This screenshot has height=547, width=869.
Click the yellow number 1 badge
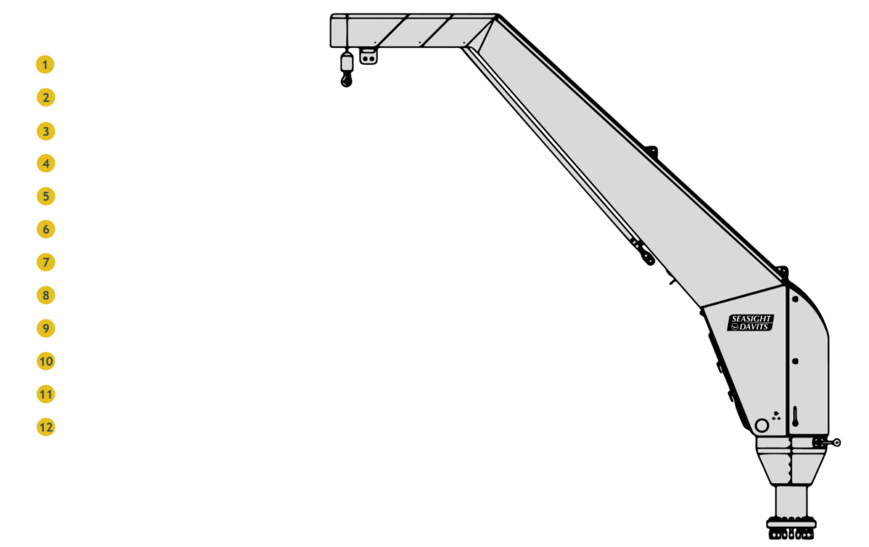click(x=45, y=65)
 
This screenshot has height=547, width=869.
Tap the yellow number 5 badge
click(x=45, y=196)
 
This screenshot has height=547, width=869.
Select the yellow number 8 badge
click(x=45, y=296)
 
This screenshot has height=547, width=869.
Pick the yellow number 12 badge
click(x=45, y=427)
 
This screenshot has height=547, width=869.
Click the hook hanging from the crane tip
click(x=346, y=71)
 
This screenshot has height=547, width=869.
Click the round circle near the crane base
click(x=761, y=426)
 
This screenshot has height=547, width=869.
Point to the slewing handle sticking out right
click(x=829, y=442)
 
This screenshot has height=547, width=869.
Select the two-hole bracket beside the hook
click(x=368, y=57)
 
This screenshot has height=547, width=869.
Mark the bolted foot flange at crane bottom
click(x=791, y=528)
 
